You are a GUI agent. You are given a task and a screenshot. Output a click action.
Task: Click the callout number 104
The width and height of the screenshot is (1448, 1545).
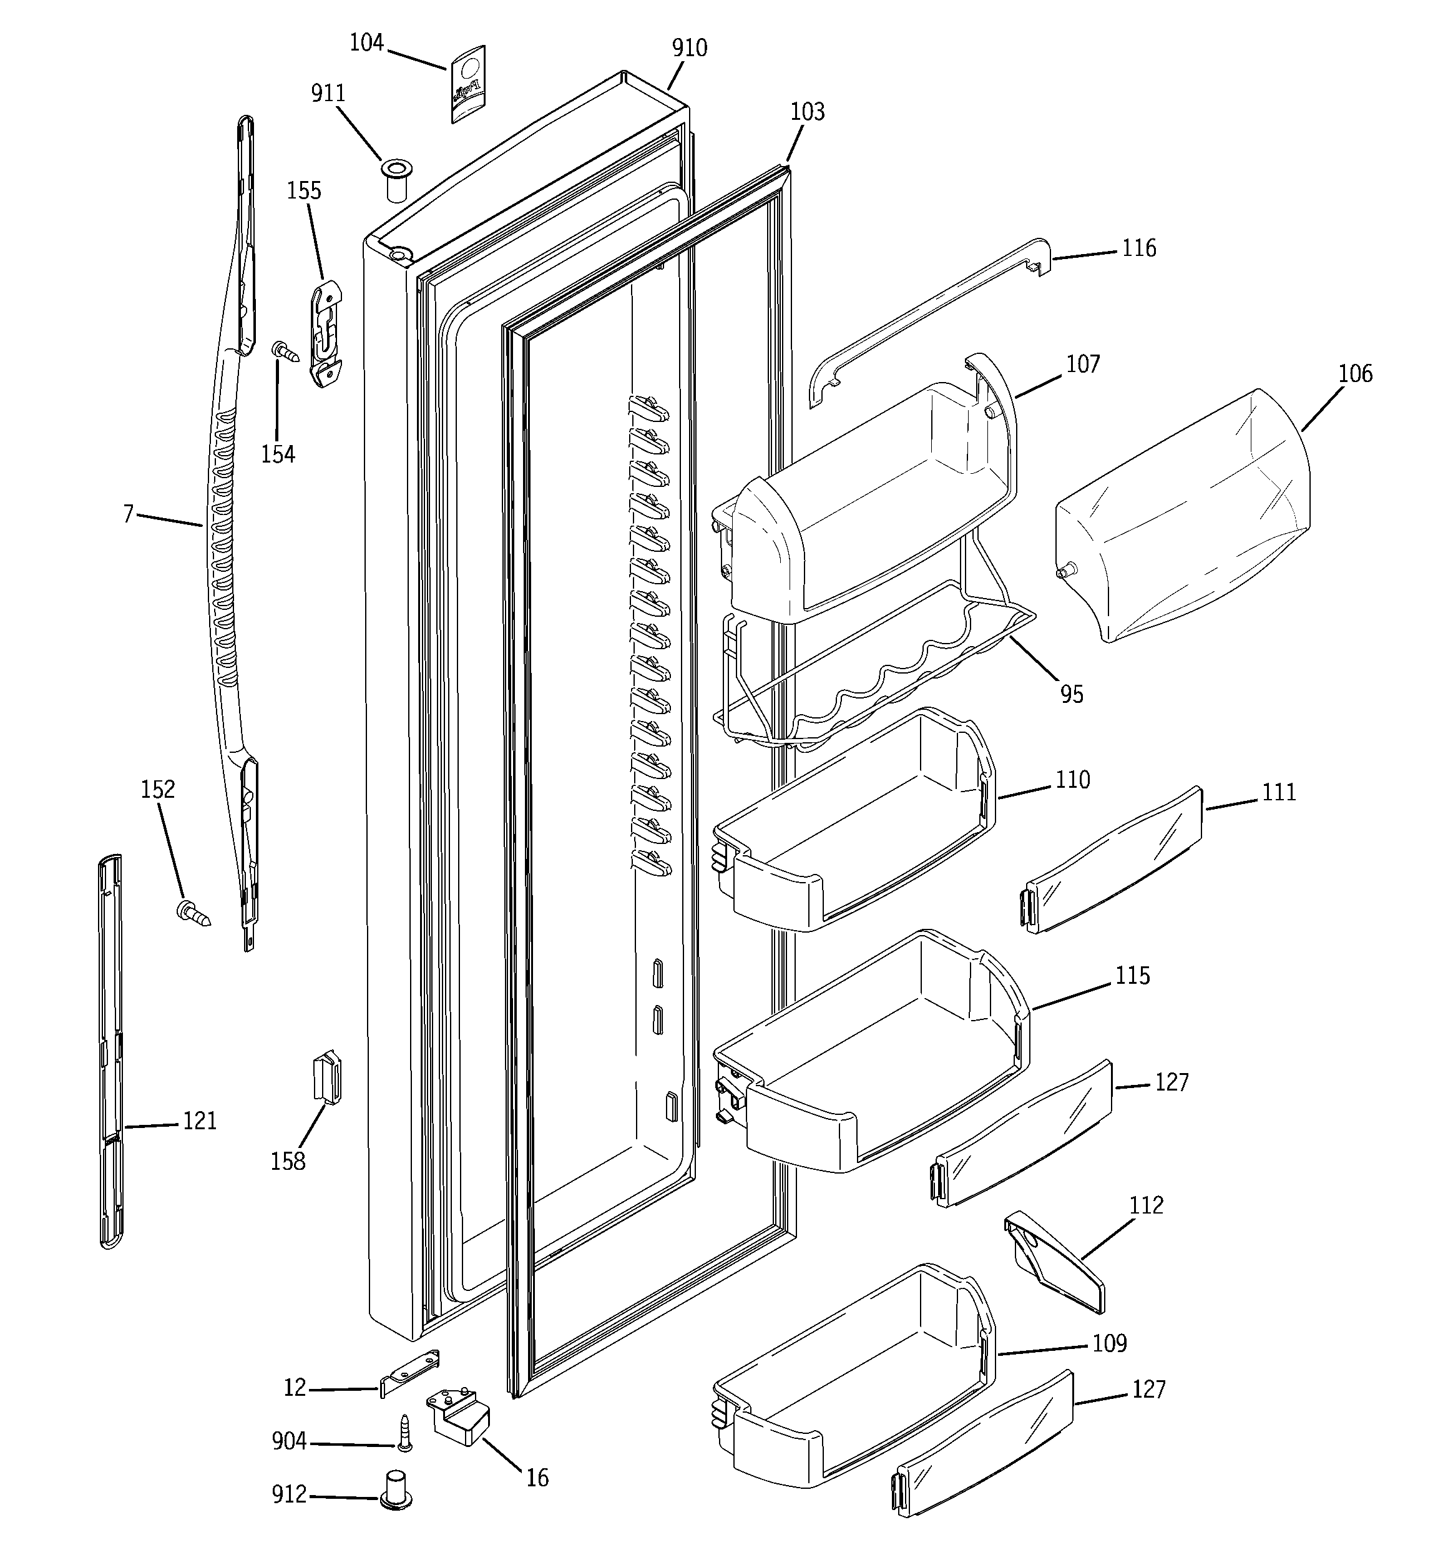366,42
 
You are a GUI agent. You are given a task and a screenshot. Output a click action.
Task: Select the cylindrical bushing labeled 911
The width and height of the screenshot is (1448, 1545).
396,181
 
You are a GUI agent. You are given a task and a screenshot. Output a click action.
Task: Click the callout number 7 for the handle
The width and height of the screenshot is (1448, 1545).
128,514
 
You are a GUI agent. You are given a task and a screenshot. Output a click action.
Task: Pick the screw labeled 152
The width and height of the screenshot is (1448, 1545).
193,913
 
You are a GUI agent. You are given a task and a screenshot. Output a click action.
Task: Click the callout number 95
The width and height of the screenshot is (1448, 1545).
1071,694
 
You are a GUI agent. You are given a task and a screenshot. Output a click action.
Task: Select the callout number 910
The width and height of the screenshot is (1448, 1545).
690,48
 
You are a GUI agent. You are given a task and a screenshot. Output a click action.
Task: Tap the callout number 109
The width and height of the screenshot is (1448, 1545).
1108,1343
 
